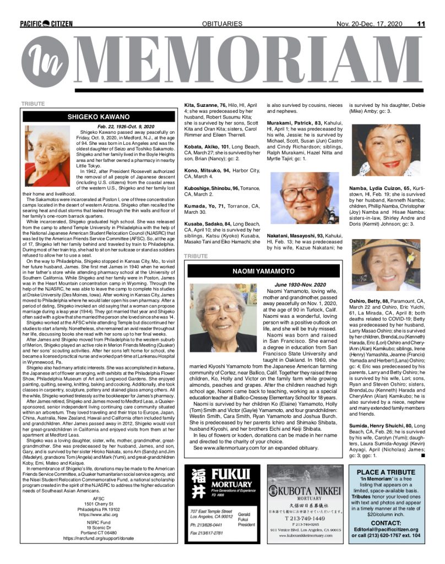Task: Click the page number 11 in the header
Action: point(421,24)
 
